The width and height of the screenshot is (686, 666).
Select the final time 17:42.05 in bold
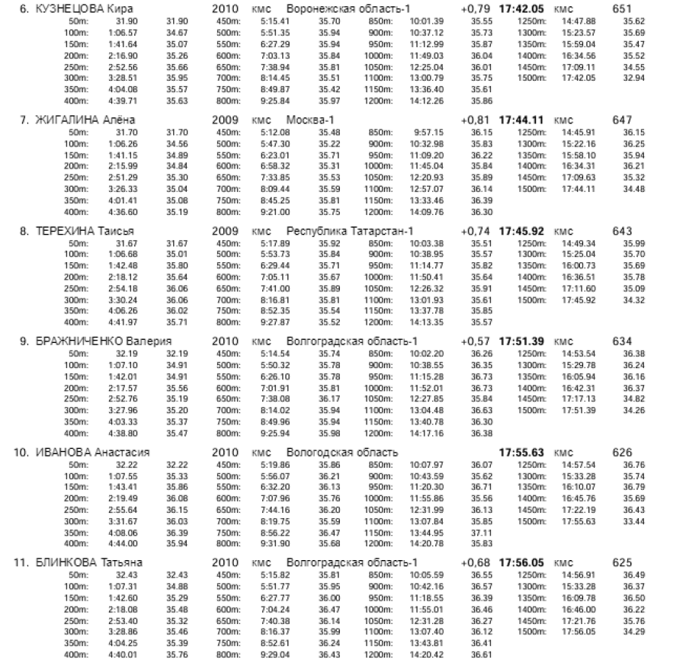coord(522,8)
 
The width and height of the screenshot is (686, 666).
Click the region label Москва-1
coord(309,120)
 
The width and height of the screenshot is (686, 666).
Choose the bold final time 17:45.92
coord(522,231)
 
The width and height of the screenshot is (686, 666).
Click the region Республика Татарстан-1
coord(350,231)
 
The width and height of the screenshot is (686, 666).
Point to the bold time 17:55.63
coord(522,452)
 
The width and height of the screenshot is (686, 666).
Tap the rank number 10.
coord(22,452)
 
